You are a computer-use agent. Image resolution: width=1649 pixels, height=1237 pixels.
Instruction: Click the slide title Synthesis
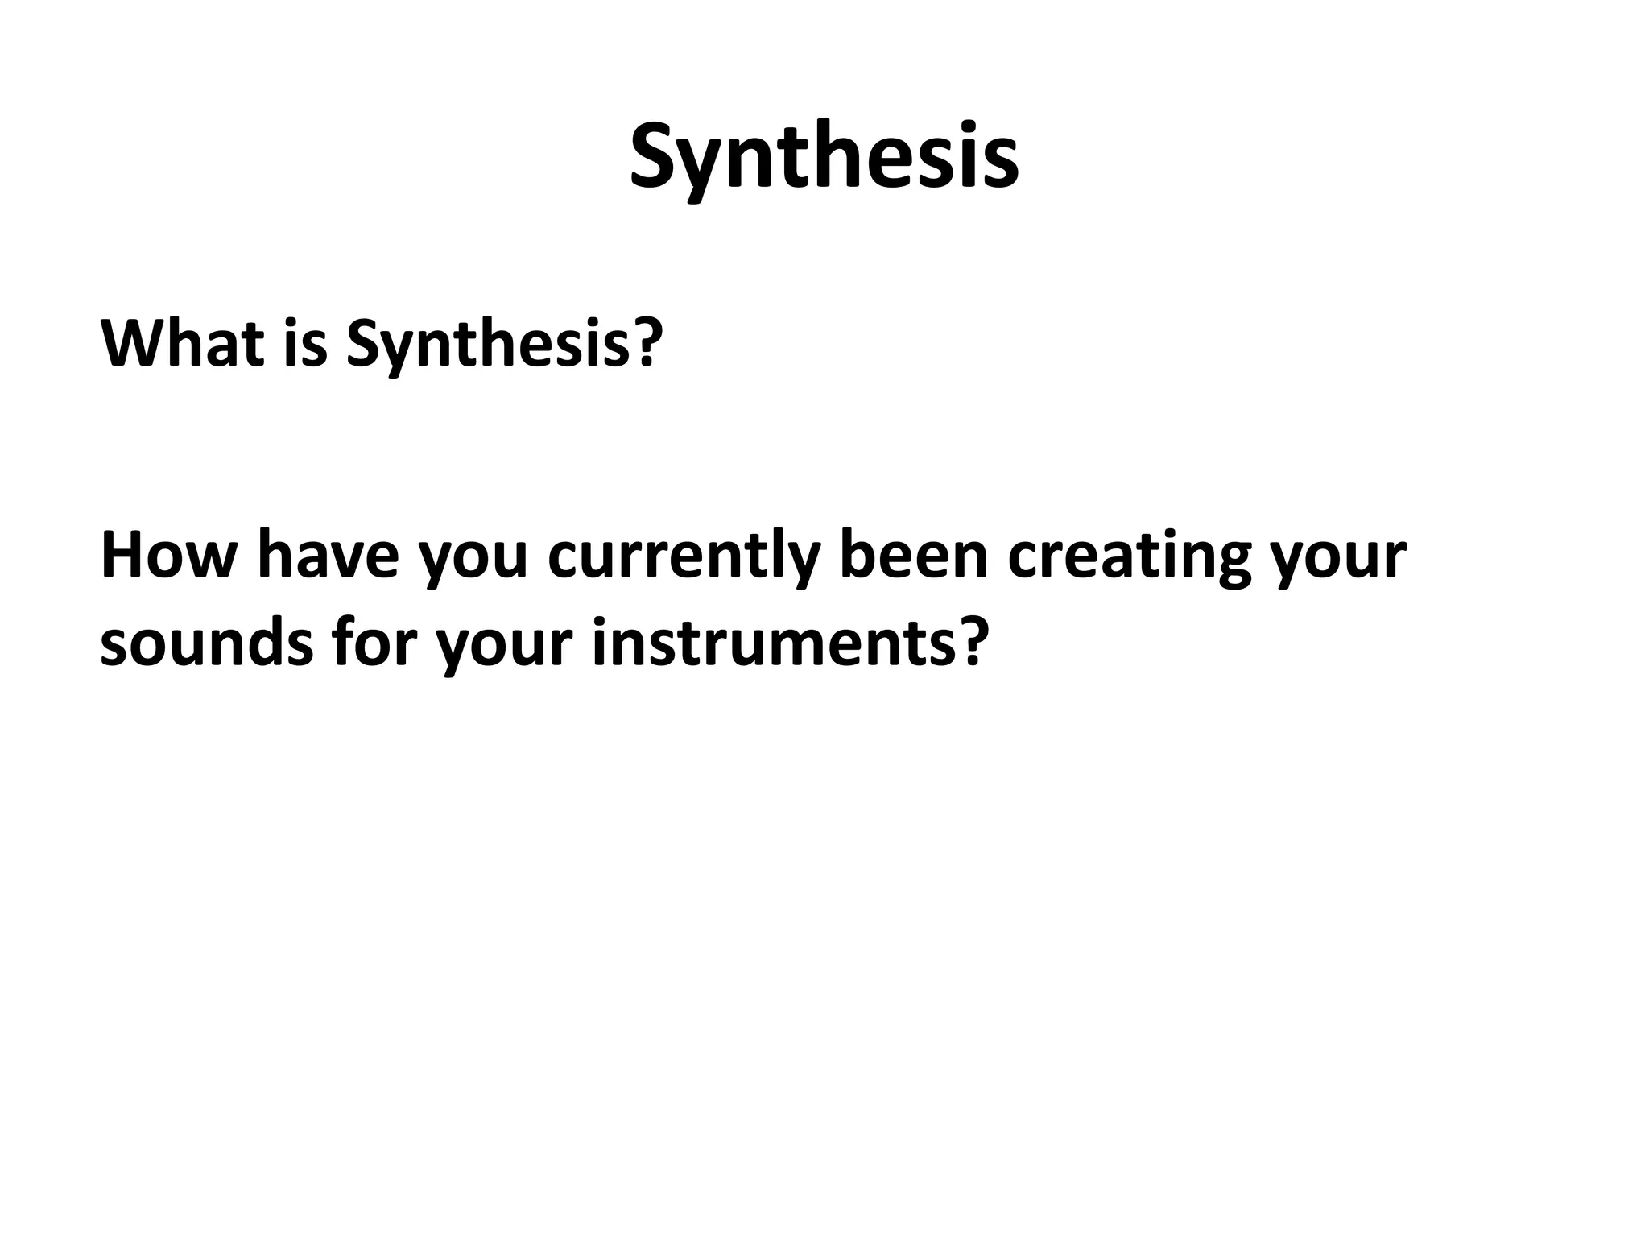824,157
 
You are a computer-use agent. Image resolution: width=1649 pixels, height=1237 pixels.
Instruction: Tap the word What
182,342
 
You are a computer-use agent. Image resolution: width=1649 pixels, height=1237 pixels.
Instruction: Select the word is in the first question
305,342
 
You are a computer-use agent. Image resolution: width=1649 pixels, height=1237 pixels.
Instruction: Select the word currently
684,560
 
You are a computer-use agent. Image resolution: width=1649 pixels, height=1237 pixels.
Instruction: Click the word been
913,556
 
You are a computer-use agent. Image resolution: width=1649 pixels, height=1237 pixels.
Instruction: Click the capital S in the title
657,157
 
